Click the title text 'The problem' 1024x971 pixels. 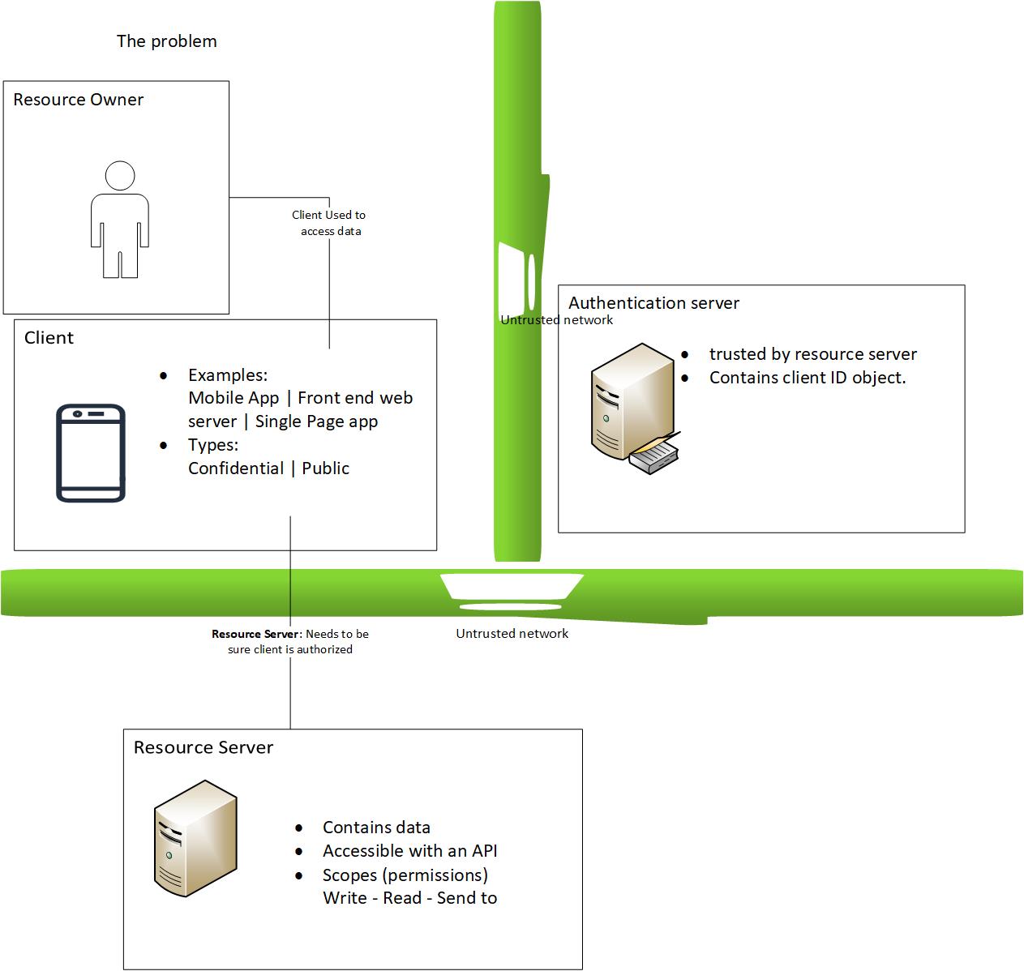[166, 41]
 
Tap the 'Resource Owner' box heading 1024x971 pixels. [78, 100]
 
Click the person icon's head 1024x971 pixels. [120, 176]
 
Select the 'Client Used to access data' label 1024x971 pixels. [329, 223]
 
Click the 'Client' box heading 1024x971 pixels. [49, 338]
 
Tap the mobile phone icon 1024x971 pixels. [91, 453]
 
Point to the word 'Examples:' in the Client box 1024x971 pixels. [228, 375]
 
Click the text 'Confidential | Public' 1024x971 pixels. [268, 468]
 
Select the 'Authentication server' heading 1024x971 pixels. [653, 303]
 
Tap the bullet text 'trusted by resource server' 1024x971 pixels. [812, 354]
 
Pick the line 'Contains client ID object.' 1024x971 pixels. [807, 378]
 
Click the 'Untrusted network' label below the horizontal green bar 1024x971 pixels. [512, 634]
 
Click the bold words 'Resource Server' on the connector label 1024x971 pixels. [256, 634]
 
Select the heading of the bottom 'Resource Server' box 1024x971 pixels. [203, 747]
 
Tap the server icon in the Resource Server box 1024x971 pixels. [195, 838]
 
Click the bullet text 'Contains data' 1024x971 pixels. [376, 828]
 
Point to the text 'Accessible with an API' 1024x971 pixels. [409, 851]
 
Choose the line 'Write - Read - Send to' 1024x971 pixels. [409, 898]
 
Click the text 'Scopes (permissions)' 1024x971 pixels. [405, 875]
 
